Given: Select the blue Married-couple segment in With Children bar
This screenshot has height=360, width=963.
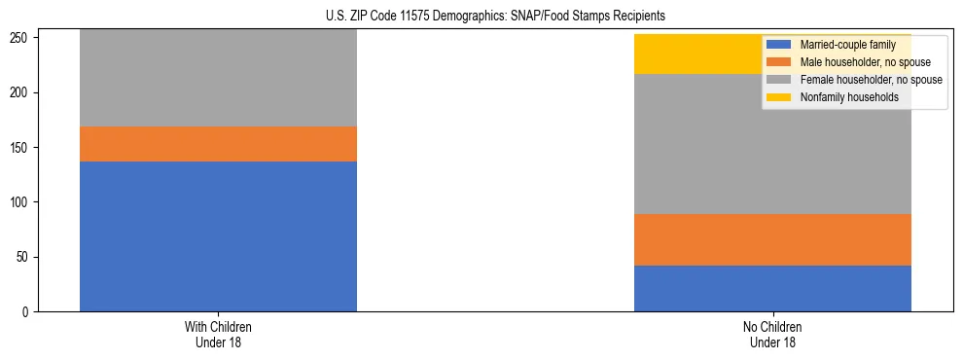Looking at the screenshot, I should pos(218,236).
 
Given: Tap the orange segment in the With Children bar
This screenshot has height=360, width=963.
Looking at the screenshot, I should pos(218,144).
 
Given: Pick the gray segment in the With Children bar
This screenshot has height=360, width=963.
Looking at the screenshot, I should pos(218,78).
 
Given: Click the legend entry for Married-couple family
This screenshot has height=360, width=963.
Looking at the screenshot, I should pos(845,45).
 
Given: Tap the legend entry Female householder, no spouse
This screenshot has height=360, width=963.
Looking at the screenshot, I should pos(869,80).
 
